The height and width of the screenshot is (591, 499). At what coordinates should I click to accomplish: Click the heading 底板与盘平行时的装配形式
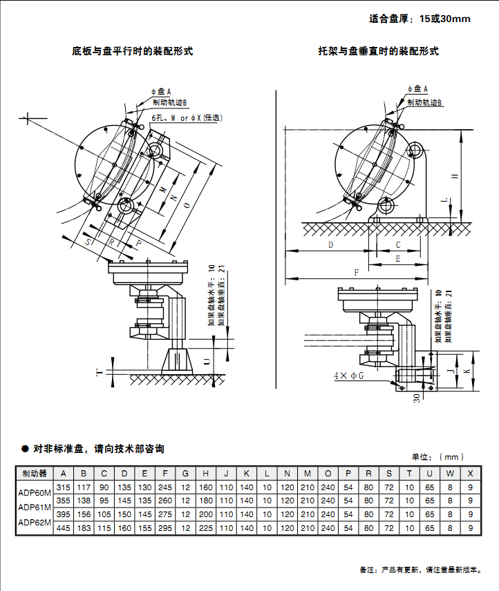click(x=132, y=51)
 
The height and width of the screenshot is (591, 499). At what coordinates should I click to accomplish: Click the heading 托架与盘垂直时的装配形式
click(x=378, y=51)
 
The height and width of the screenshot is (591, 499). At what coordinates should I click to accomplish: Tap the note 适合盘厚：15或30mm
click(x=420, y=19)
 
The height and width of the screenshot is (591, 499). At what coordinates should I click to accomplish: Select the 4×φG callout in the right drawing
click(x=348, y=376)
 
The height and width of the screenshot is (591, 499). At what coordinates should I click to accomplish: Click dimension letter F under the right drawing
click(x=357, y=273)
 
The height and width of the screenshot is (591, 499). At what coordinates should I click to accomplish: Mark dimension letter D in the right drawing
click(x=330, y=245)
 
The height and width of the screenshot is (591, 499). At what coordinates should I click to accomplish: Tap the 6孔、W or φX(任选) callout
click(x=188, y=118)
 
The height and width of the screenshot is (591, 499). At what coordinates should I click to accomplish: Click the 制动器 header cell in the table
click(x=34, y=474)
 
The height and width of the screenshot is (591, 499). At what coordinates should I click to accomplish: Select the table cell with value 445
click(x=64, y=528)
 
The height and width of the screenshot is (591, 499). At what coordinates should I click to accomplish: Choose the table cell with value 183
click(x=84, y=528)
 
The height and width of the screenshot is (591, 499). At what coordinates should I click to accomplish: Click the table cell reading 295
click(x=165, y=528)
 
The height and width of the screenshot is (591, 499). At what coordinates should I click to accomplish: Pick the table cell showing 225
click(x=205, y=528)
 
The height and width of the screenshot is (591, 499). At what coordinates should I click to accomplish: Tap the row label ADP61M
click(x=34, y=507)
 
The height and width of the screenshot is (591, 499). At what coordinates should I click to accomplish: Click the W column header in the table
click(x=450, y=474)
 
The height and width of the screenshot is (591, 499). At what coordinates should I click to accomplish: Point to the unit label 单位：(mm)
click(x=437, y=456)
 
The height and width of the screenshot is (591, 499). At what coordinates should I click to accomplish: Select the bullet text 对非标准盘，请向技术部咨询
click(x=97, y=449)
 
